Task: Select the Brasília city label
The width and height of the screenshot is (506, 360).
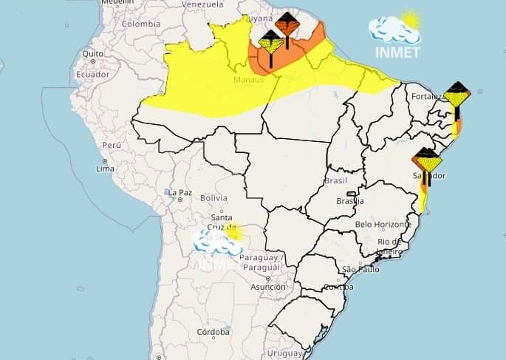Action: [349, 200]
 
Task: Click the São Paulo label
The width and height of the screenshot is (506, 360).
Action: [360, 269]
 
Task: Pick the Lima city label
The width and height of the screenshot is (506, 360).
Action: [105, 169]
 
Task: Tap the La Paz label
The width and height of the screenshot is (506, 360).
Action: [180, 193]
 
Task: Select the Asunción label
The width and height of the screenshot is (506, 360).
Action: [268, 287]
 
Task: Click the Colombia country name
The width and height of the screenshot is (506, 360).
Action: [140, 24]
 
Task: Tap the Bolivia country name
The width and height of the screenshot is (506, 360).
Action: [213, 198]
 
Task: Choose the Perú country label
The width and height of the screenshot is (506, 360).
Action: [111, 146]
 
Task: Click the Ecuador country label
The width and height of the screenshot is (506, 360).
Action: [92, 74]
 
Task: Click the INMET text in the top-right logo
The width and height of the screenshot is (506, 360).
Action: [397, 52]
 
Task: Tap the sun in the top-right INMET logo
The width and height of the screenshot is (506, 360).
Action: [410, 19]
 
